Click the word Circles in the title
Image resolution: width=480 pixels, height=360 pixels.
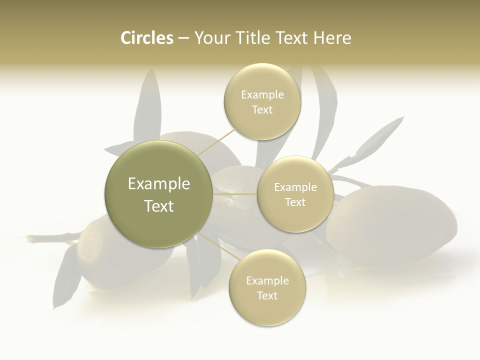point(146,38)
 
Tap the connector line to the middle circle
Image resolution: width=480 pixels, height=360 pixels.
point(235,194)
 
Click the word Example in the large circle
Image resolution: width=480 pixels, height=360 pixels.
point(158,184)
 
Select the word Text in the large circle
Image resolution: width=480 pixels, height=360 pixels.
point(158,206)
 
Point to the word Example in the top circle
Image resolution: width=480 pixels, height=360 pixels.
point(262,95)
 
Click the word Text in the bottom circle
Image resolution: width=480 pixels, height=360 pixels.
point(267,295)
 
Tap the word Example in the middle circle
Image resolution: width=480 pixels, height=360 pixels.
point(295,187)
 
